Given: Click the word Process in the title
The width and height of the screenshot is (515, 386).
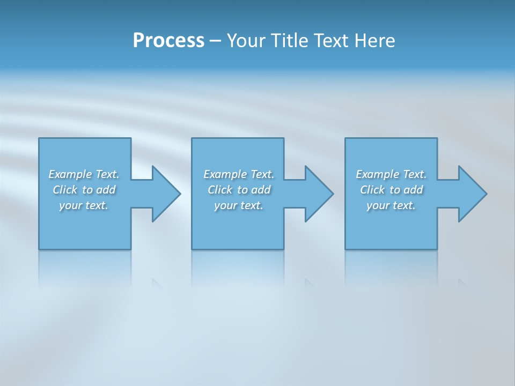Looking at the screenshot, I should (x=168, y=40).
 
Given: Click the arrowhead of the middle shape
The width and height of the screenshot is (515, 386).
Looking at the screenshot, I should (x=320, y=194).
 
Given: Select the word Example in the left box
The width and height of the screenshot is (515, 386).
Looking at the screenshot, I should (x=70, y=174).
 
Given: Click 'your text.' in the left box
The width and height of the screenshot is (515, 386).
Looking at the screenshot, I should (x=84, y=205).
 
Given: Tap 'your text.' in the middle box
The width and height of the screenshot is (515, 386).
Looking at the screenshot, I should (x=239, y=205).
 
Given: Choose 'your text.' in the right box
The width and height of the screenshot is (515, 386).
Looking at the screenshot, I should (x=391, y=205).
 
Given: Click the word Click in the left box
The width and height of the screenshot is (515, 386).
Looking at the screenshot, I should (x=65, y=190).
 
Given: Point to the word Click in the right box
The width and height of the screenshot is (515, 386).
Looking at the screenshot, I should (x=372, y=190).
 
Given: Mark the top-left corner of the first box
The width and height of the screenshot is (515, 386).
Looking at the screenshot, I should (x=39, y=138).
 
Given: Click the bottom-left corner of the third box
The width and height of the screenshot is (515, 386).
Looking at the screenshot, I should (x=345, y=249).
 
